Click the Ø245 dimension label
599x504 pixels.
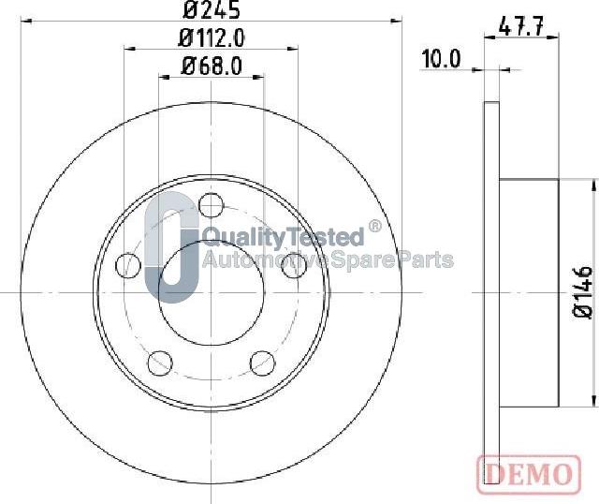212,11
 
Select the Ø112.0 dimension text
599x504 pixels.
212,38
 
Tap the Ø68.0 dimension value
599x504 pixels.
212,67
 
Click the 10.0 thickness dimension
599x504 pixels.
441,59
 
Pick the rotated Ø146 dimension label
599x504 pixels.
583,292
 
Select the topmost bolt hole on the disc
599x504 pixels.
212,203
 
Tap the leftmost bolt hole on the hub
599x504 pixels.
127,265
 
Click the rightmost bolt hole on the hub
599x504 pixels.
296,265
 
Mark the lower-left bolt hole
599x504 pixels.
160,363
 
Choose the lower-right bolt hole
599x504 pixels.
263,363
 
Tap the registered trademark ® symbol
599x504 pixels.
374,226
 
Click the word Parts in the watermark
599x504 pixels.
426,259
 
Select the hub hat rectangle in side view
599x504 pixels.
529,292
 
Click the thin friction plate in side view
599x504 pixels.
491,292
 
